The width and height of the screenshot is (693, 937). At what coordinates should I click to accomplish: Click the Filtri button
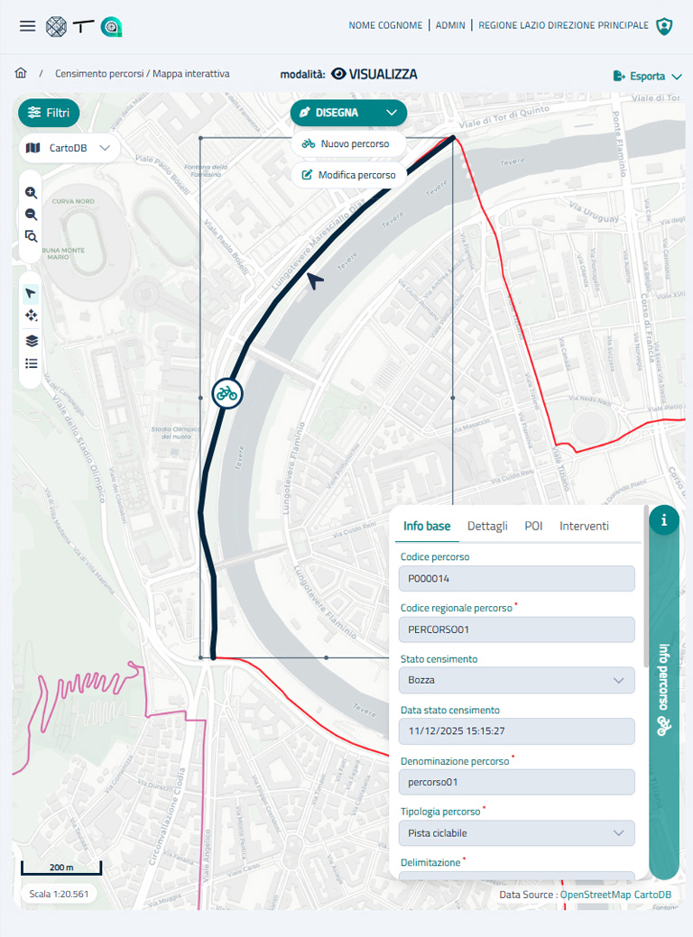(49, 113)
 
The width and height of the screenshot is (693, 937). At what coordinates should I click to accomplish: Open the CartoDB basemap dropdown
(69, 148)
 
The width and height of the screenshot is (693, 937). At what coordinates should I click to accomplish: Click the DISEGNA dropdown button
(348, 113)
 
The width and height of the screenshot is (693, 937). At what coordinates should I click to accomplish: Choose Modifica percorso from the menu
(348, 175)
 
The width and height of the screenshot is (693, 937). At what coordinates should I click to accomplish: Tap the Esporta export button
(647, 77)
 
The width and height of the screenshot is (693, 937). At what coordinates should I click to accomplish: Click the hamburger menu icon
(28, 26)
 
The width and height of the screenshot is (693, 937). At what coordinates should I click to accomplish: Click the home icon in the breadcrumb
(21, 73)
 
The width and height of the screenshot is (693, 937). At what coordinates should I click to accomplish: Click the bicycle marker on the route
(227, 393)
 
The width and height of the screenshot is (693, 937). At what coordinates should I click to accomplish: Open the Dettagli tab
(487, 526)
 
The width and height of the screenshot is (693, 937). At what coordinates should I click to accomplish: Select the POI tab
(533, 526)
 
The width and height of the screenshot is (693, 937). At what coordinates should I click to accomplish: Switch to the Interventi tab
(584, 526)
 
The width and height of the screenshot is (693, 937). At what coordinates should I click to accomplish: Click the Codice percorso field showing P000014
(517, 578)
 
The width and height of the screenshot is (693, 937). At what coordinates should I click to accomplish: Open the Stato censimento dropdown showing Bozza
(517, 680)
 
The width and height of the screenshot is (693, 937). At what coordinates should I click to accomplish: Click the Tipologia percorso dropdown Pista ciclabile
(517, 833)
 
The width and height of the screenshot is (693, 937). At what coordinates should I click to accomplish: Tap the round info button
(664, 519)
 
